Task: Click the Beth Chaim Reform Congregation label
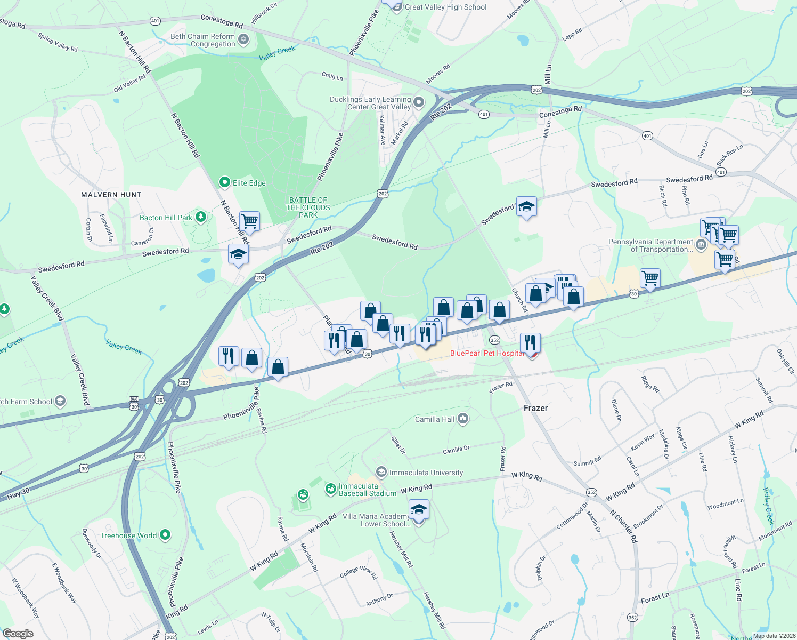pos(202,40)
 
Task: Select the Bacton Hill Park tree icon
pos(201,217)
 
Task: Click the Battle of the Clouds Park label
pos(308,207)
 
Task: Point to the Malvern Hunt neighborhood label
pos(111,195)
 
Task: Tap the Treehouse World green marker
pos(165,534)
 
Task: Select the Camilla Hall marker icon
pos(462,419)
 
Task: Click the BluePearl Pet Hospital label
pos(487,353)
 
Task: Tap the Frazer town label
pos(535,408)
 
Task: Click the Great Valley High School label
pos(445,7)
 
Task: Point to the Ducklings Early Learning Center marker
pos(419,101)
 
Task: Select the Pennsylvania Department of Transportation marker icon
pos(701,245)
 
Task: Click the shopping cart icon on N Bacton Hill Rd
pos(249,221)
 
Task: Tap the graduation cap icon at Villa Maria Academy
pos(419,510)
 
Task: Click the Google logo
pos(18,633)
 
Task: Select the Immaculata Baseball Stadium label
pos(367,490)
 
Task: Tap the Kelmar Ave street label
pos(382,131)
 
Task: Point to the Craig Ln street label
pos(332,76)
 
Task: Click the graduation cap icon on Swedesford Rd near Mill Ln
pos(526,206)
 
